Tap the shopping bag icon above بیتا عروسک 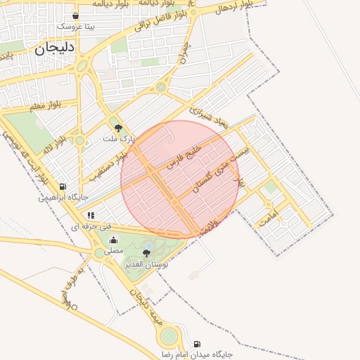76,15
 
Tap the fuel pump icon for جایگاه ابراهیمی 63,187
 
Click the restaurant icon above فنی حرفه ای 90,215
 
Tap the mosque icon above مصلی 113,240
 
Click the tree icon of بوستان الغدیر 147,253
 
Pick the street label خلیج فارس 184,157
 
